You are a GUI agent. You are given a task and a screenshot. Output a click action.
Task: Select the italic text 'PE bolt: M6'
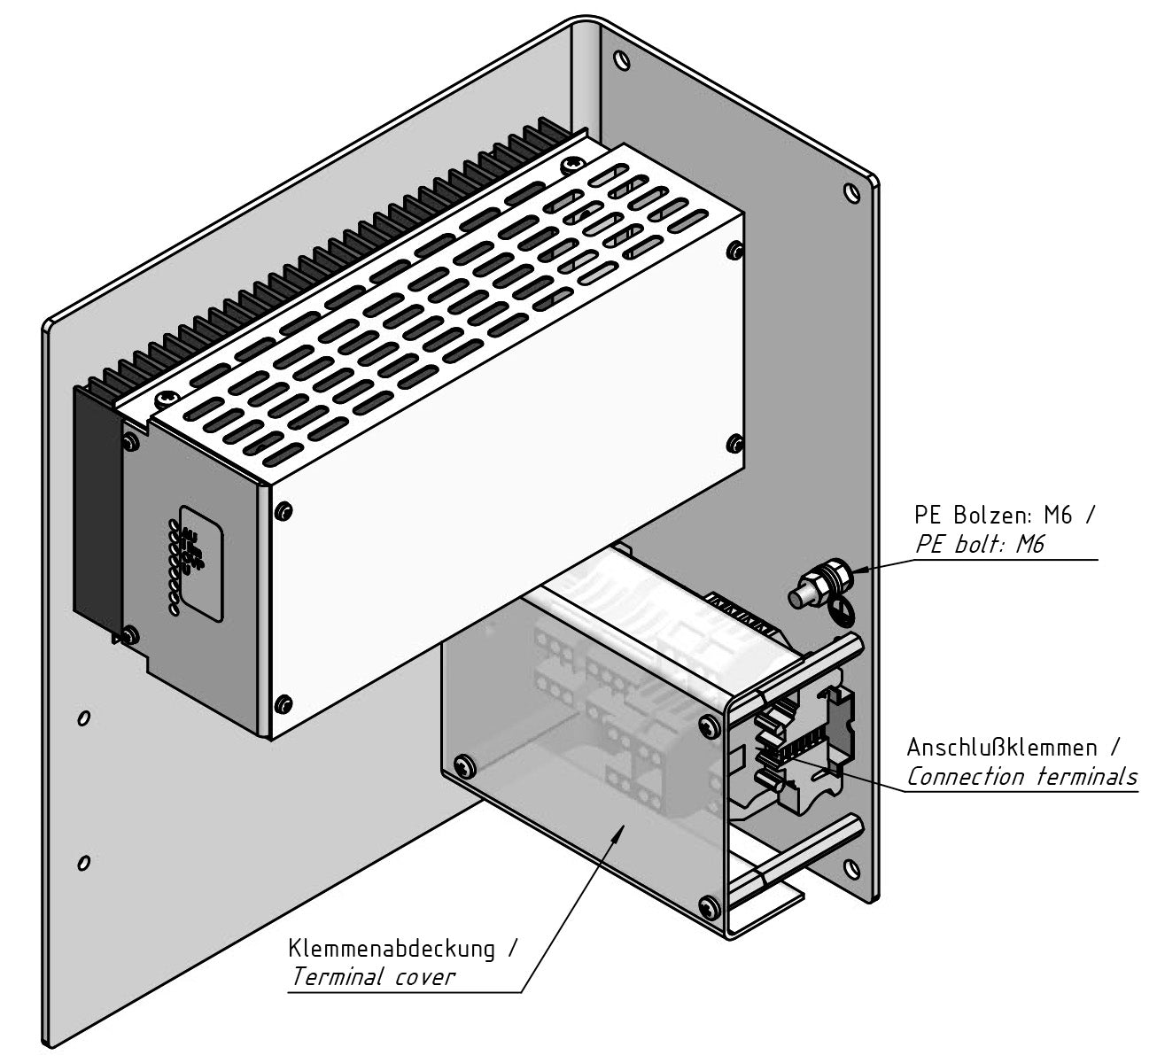(979, 544)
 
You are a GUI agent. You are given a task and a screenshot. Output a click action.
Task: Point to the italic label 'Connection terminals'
(1021, 777)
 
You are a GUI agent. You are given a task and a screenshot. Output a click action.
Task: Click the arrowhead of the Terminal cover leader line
(624, 825)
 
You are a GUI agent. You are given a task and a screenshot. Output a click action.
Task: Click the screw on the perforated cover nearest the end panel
(164, 398)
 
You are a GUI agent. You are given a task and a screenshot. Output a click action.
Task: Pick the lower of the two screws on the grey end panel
(132, 633)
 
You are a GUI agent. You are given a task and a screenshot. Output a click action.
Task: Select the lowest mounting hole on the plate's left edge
(82, 861)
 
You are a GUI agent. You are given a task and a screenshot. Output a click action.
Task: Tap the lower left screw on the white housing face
(283, 704)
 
